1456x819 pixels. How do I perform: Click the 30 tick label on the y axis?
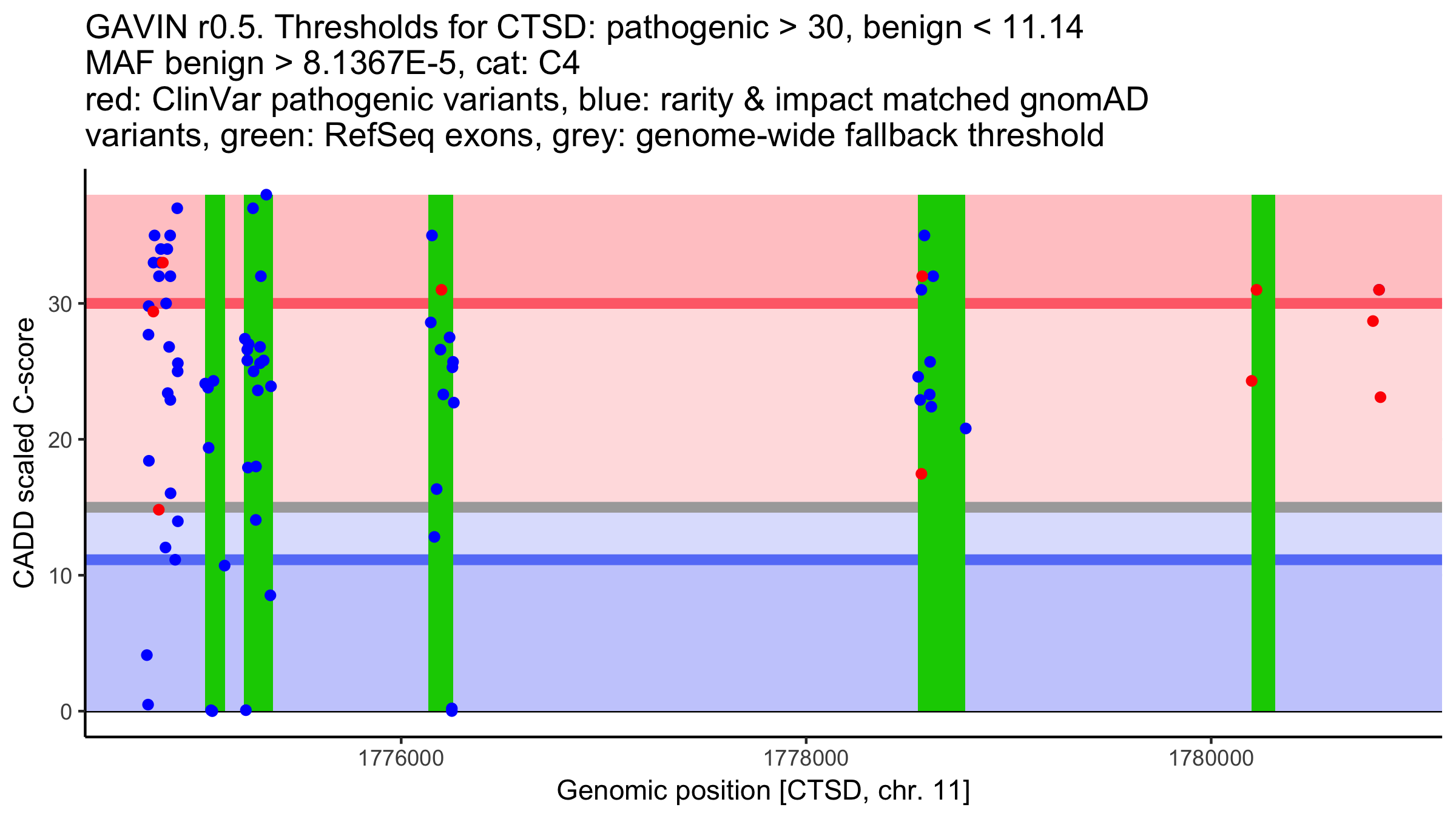[x=59, y=304]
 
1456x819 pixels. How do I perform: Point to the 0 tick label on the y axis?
[x=66, y=712]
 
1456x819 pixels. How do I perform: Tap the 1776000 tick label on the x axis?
[x=400, y=758]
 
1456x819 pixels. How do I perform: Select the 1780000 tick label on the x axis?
[x=1211, y=758]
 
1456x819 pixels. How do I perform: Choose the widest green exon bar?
[x=941, y=546]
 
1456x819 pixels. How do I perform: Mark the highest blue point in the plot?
[x=266, y=195]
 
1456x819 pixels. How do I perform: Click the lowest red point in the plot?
[x=158, y=510]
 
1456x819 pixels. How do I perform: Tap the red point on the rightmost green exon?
[x=1256, y=290]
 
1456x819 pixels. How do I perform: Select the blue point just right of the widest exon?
[x=966, y=429]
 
